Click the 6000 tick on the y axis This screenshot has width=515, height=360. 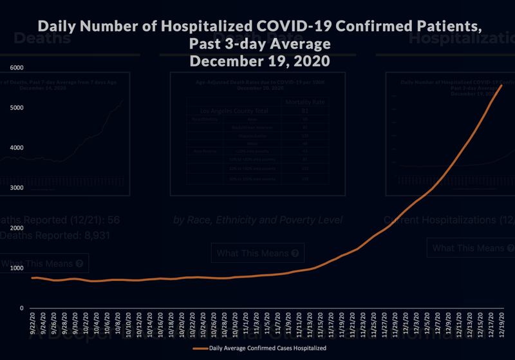[x=17, y=68]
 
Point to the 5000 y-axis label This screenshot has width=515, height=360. [x=17, y=108]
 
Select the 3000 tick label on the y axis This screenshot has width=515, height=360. [x=17, y=188]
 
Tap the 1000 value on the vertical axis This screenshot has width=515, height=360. [x=17, y=268]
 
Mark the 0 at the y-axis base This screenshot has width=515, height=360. [x=22, y=308]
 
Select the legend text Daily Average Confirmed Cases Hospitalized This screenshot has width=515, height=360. [x=267, y=348]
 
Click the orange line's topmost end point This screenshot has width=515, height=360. [x=501, y=85]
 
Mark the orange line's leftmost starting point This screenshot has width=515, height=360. [x=33, y=278]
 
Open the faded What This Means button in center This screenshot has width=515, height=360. [x=257, y=253]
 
